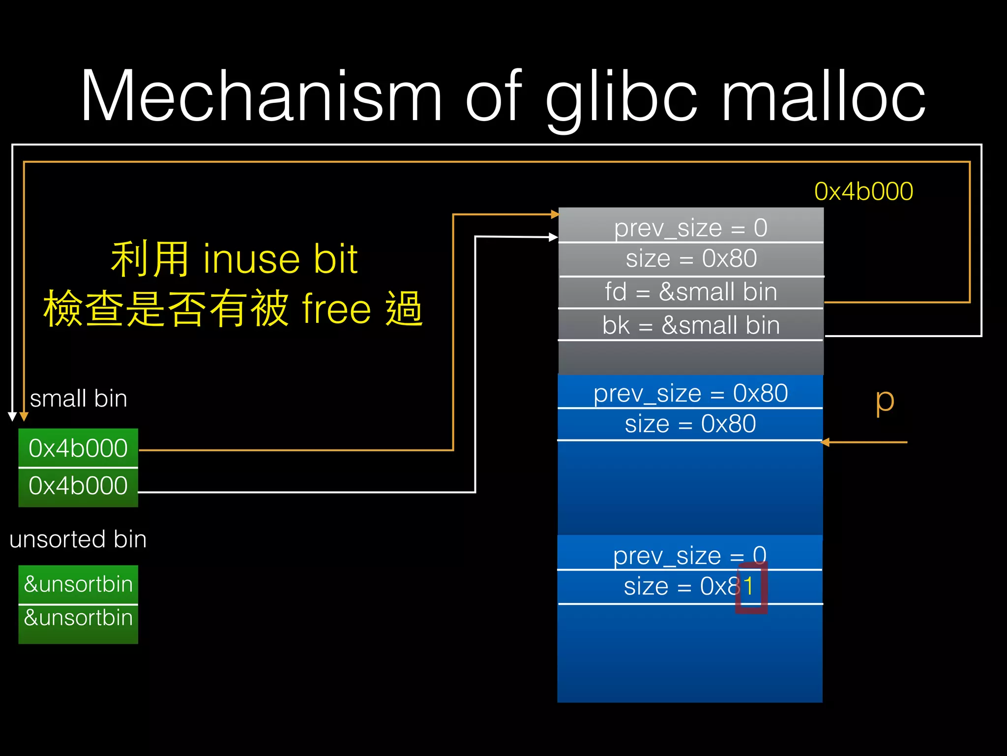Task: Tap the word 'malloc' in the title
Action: (x=823, y=96)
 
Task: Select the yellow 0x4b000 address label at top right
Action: (x=863, y=191)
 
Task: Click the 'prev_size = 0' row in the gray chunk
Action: (x=690, y=227)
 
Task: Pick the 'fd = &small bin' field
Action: (x=690, y=292)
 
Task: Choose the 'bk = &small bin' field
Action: (x=690, y=325)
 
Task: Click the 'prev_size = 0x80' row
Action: (x=690, y=393)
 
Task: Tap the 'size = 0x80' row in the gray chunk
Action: (x=690, y=259)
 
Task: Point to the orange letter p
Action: (x=884, y=401)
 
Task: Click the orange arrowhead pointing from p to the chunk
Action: (x=826, y=442)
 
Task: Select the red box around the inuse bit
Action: (x=751, y=588)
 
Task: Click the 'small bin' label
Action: (x=79, y=399)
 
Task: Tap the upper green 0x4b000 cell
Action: (x=78, y=448)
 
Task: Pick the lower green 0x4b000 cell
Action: (x=78, y=486)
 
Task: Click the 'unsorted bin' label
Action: (x=78, y=539)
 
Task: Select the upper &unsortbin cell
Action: (x=78, y=584)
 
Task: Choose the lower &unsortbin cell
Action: (x=78, y=618)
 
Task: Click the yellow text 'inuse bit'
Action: (x=280, y=259)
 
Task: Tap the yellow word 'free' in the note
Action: (x=336, y=309)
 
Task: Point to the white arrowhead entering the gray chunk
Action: (x=553, y=237)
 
